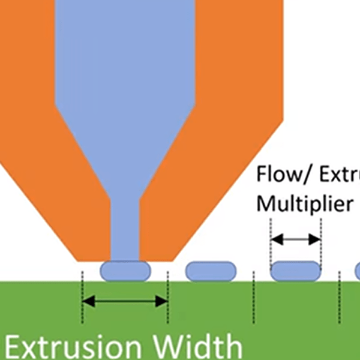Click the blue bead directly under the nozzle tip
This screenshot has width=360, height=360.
(124, 271)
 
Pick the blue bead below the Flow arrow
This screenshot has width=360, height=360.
(296, 271)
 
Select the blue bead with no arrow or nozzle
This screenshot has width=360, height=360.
(211, 271)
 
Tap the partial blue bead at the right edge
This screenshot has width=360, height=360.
(358, 271)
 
